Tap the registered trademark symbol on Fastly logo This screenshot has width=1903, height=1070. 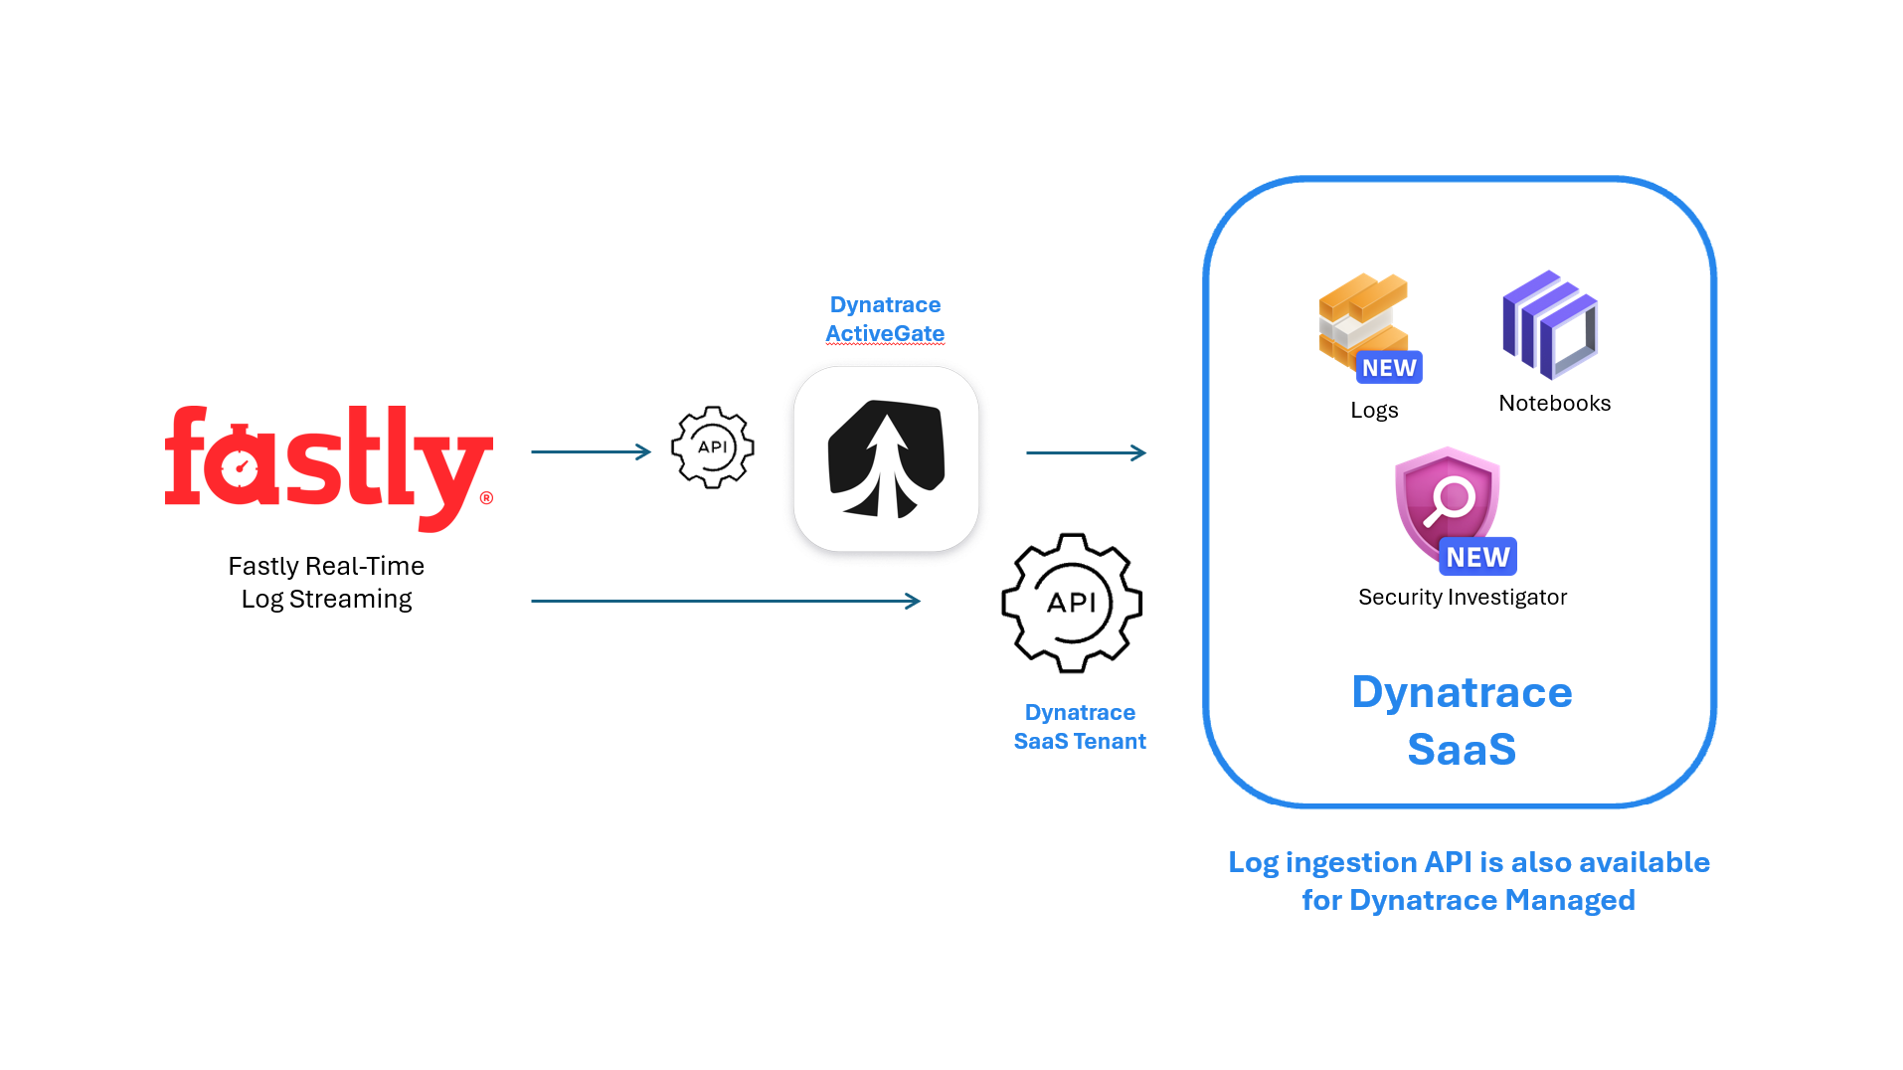[x=486, y=498]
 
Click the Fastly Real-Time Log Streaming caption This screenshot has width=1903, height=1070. [x=326, y=582]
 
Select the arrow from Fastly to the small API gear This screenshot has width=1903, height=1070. [x=591, y=451]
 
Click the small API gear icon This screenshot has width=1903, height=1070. [x=712, y=446]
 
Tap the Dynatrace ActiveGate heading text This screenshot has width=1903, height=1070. [x=885, y=319]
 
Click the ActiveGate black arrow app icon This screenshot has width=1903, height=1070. [x=886, y=458]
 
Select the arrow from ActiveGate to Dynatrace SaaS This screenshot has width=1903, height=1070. [x=1086, y=452]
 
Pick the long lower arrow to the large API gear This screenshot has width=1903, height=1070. [x=726, y=601]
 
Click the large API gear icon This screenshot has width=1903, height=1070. [x=1071, y=603]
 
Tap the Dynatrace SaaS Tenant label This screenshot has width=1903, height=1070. [x=1080, y=727]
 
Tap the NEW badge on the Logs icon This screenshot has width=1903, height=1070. [x=1389, y=368]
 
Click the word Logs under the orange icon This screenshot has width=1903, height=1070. [x=1374, y=410]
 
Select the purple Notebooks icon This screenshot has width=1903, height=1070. [x=1549, y=325]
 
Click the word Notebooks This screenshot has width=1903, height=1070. [x=1554, y=403]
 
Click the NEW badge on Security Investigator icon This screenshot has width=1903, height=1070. [x=1477, y=557]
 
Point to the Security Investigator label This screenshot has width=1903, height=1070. [x=1462, y=597]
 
